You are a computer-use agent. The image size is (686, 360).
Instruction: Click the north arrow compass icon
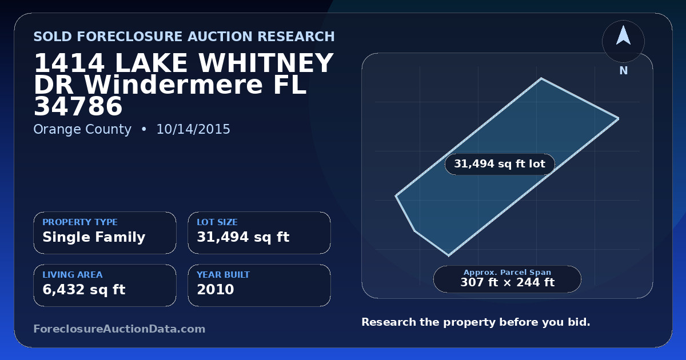point(623,41)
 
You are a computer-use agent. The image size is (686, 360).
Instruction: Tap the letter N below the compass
point(624,71)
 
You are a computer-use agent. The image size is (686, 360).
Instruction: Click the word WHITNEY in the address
point(266,63)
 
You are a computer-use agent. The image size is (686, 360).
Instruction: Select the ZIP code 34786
point(78,106)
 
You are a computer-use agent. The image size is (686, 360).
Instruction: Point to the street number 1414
point(69,63)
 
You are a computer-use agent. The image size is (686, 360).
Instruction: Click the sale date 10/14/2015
point(193,129)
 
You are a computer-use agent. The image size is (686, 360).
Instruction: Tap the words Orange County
point(82,130)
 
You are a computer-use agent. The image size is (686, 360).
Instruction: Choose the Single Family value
point(94,237)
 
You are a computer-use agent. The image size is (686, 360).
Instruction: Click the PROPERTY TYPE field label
point(80,222)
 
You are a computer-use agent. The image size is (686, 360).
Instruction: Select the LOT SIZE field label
point(217,222)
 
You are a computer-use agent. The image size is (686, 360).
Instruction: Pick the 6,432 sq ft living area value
point(84,290)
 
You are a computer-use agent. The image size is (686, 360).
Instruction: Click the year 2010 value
point(216,290)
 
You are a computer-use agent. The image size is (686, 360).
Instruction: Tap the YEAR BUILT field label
point(224,275)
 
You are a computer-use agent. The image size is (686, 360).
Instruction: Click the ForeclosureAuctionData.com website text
point(119,329)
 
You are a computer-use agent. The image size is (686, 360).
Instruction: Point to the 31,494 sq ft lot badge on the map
point(500,164)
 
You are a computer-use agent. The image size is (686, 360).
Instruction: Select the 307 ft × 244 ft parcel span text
point(508,282)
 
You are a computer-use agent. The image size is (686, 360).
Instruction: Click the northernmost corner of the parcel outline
point(541,79)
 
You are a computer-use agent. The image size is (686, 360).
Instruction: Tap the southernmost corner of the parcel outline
point(449,255)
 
